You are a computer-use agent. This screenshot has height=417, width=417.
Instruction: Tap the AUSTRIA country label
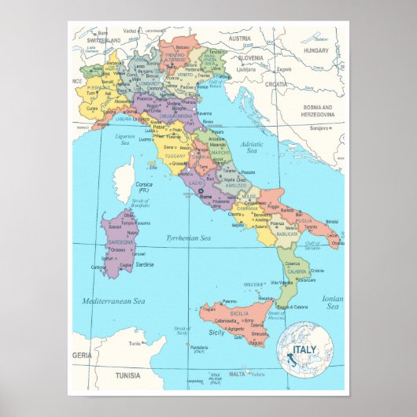tap(239, 38)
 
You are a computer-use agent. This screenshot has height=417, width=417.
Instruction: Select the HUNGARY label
tap(317, 50)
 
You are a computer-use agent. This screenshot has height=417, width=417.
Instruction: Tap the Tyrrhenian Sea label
tap(187, 238)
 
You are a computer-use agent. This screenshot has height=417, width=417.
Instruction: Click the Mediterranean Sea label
tap(114, 301)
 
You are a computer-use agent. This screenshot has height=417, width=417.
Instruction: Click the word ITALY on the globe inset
tap(304, 349)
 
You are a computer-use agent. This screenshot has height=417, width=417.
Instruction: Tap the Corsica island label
tap(145, 184)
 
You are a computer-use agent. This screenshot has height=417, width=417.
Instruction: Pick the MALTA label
tap(237, 375)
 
